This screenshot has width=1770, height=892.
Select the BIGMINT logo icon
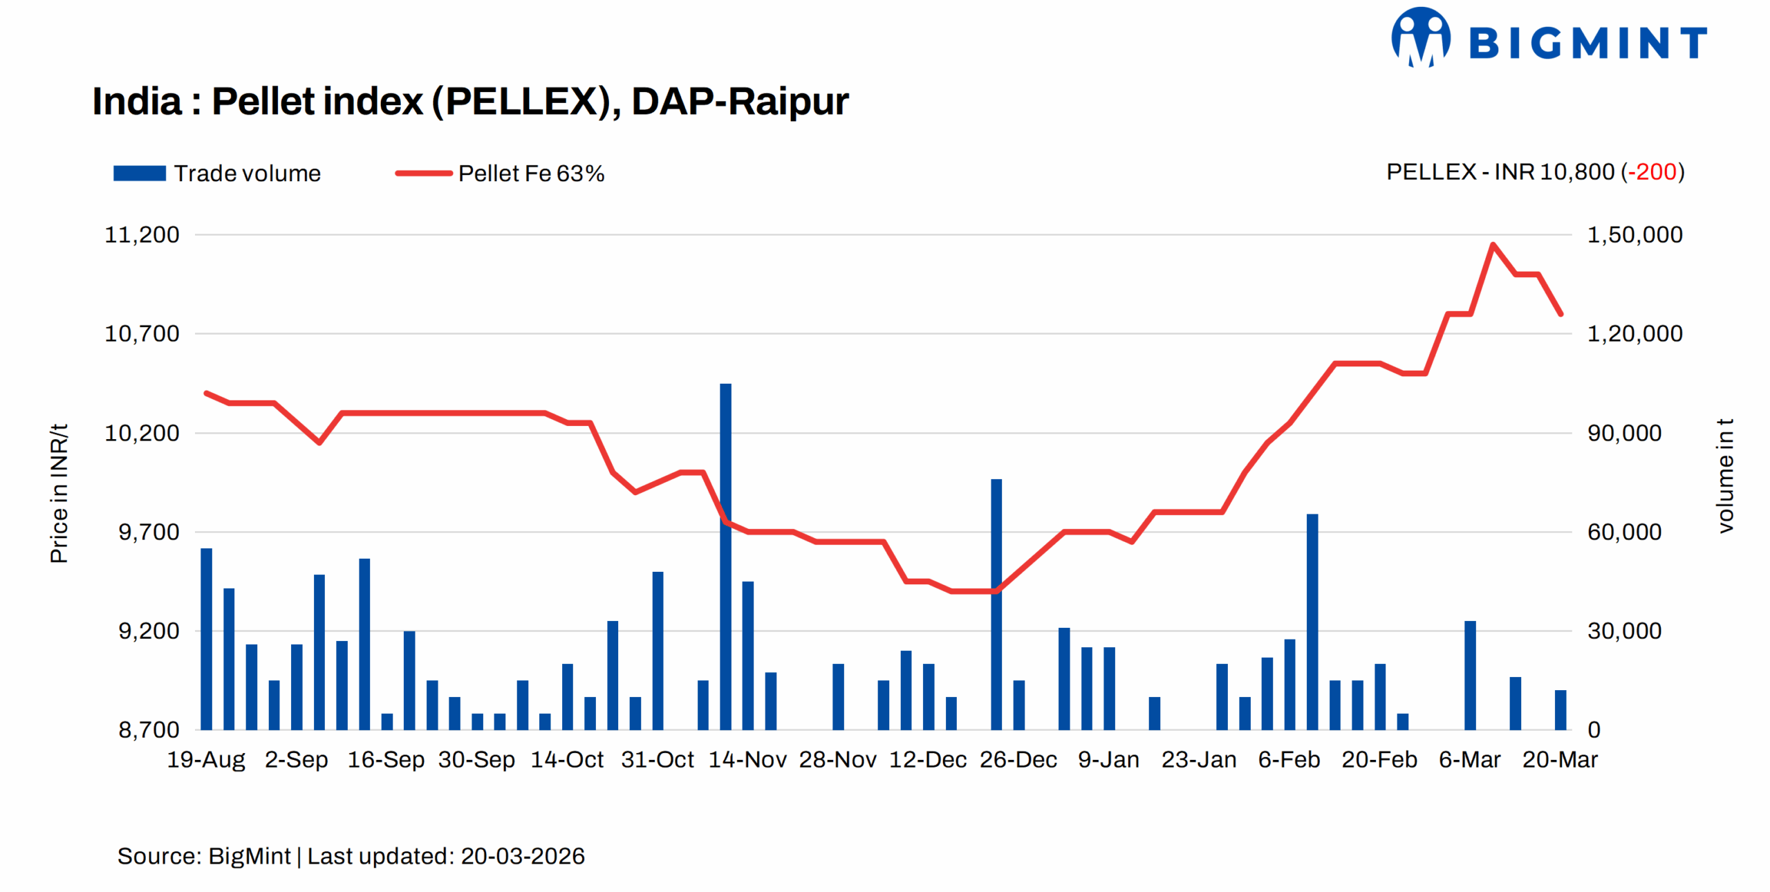1420,38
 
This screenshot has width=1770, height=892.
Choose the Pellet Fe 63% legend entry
500,173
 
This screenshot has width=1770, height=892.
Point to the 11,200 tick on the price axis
142,235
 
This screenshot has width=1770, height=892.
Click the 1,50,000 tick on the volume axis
1634,235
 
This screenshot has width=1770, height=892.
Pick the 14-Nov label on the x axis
747,760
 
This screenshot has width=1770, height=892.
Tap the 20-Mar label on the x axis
1560,760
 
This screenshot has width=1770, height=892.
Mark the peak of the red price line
1493,244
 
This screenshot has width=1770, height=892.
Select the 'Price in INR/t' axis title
59,494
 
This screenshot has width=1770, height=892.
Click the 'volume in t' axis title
1726,476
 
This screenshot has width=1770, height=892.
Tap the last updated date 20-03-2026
523,856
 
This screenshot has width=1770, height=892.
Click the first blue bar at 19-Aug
206,639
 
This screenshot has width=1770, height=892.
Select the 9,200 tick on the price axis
149,631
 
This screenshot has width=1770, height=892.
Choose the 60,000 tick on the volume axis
1624,532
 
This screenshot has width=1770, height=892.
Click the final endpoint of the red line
1561,314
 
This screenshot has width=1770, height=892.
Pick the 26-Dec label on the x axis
1018,760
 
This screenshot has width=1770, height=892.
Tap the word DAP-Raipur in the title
740,102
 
